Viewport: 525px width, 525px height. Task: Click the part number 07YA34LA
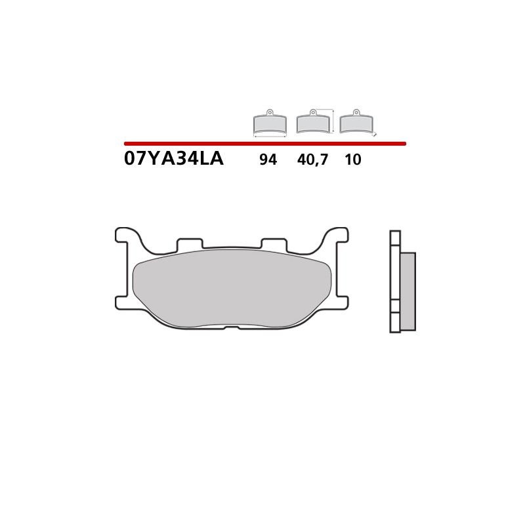173,159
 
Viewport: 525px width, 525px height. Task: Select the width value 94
268,159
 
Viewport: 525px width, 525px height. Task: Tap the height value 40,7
312,159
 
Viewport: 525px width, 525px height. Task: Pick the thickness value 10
353,159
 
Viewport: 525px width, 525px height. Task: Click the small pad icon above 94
270,123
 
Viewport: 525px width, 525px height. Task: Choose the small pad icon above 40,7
313,122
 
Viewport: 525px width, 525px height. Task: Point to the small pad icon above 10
356,122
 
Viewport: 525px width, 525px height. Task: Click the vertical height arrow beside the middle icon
334,121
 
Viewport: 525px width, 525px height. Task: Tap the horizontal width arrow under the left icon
270,136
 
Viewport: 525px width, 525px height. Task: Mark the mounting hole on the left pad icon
270,112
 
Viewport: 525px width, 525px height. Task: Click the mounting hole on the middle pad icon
313,112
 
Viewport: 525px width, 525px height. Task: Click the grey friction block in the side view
408,291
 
